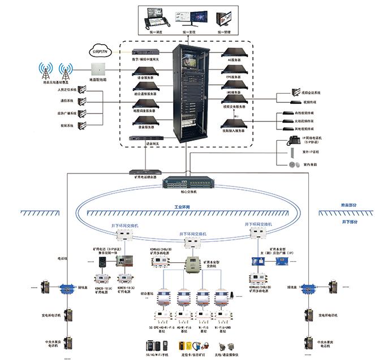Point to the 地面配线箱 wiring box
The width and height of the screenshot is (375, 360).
pyautogui.click(x=99, y=70)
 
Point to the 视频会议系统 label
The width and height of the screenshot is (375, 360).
pyautogui.click(x=310, y=93)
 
